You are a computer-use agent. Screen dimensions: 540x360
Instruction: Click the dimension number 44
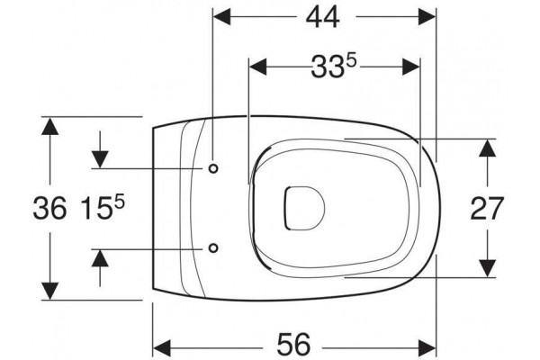(323, 17)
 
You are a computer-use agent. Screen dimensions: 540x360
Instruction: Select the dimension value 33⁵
(333, 67)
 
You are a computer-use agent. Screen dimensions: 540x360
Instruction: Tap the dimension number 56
(293, 344)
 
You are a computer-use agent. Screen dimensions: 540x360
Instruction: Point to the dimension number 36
(49, 209)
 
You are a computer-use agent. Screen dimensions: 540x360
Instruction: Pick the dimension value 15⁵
(103, 208)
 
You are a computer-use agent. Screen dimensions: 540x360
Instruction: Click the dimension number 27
(487, 209)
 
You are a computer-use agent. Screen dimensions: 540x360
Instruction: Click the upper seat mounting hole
(213, 168)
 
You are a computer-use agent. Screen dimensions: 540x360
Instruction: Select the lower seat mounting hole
(213, 247)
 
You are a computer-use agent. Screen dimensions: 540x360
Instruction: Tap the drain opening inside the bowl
(304, 209)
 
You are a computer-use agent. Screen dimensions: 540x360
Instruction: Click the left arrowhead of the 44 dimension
(221, 16)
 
